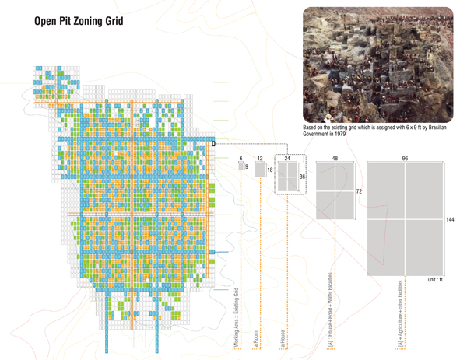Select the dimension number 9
tap(248, 166)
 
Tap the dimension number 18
tap(270, 170)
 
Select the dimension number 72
tap(360, 190)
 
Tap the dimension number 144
tap(450, 220)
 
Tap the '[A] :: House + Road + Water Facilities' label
tap(332, 310)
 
